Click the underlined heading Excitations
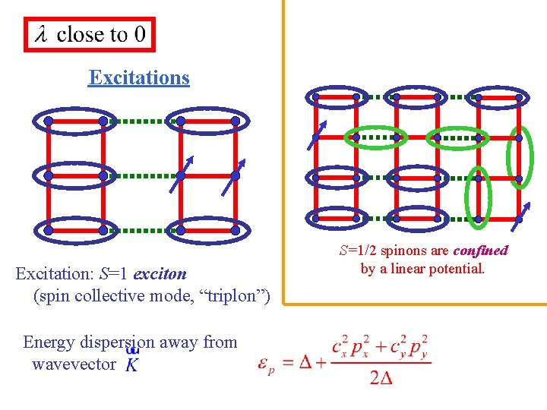tap(138, 77)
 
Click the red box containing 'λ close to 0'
tap(89, 34)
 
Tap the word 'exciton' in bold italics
tap(159, 273)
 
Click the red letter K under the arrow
tap(131, 365)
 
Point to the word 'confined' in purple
tap(480, 251)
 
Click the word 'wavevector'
tap(73, 364)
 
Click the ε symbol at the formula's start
tap(266, 365)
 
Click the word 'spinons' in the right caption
tap(403, 251)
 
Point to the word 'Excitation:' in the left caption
tap(52, 273)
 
